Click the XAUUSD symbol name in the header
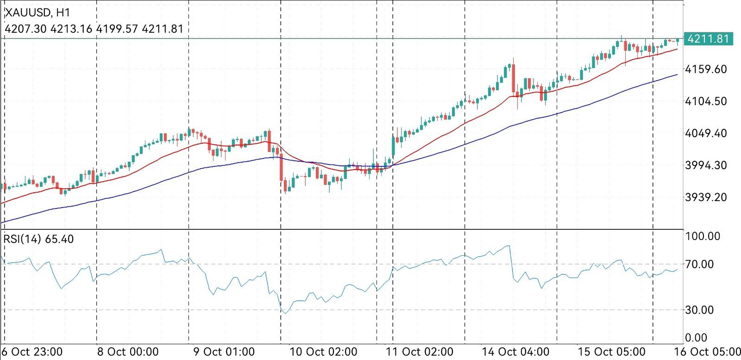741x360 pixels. (25, 13)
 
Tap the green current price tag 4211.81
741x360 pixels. (708, 38)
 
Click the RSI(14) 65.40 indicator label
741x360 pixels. (38, 239)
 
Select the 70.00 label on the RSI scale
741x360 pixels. (703, 264)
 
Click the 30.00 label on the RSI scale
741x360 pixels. (703, 309)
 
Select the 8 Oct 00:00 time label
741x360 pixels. (127, 352)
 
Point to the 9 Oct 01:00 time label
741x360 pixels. (223, 352)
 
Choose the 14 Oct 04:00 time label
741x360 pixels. (515, 352)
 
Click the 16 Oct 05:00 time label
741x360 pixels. (707, 352)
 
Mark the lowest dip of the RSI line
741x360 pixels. (285, 314)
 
